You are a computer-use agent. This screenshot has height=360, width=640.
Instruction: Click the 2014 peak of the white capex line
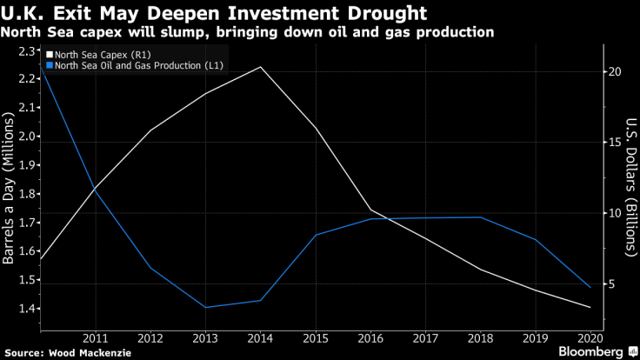coord(260,67)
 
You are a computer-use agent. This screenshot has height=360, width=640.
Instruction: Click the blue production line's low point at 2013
coord(206,307)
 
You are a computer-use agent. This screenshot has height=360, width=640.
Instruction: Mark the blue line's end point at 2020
coord(590,287)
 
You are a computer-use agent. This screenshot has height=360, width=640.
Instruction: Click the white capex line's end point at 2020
coord(590,307)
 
